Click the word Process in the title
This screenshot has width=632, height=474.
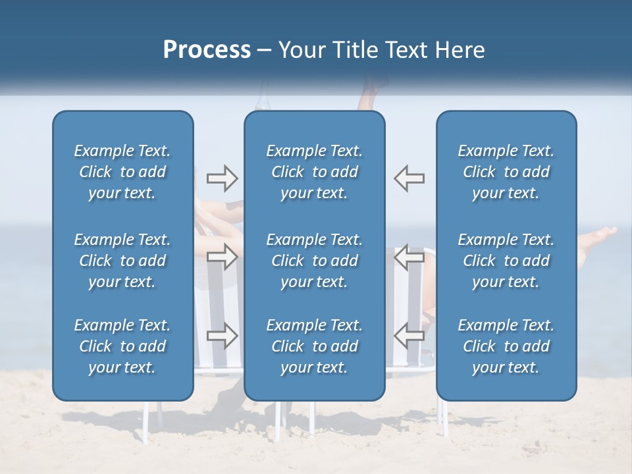click(x=206, y=50)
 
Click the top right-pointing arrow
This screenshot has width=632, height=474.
click(x=222, y=178)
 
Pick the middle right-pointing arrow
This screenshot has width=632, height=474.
click(x=222, y=257)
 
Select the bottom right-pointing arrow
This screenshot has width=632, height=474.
click(x=222, y=335)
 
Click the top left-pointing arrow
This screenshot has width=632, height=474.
click(x=409, y=178)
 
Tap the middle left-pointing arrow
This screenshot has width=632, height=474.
click(x=409, y=257)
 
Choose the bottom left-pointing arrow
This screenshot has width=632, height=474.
click(x=409, y=335)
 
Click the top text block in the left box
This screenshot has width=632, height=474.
click(x=122, y=172)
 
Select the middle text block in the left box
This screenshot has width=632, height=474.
click(x=122, y=261)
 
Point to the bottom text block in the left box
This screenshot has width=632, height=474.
click(x=122, y=346)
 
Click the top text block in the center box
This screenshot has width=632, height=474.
click(x=314, y=172)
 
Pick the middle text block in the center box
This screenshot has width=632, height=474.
click(x=314, y=261)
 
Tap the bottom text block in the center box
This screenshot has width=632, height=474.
click(x=314, y=346)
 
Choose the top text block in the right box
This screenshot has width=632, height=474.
click(x=506, y=172)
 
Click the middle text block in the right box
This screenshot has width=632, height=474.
click(x=506, y=261)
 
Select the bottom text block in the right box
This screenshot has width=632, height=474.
click(x=506, y=346)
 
